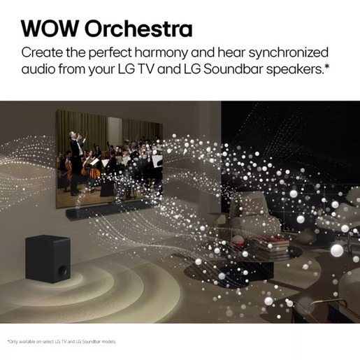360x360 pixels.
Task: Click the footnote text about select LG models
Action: click(62, 341)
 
